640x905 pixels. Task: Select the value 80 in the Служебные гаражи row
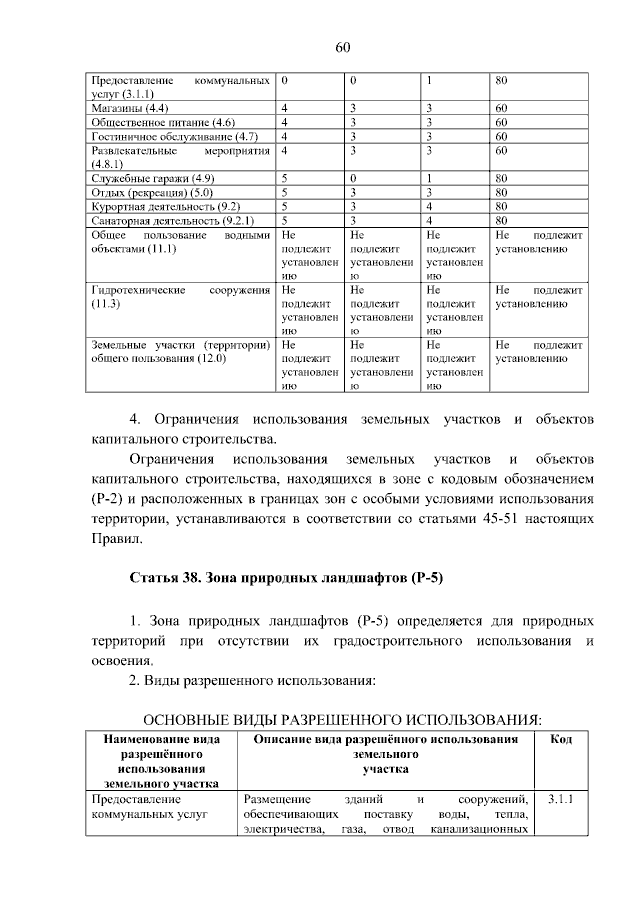click(502, 178)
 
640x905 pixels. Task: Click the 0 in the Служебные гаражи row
click(354, 178)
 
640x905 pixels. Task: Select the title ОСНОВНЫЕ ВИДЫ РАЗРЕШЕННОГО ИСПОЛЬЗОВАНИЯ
click(343, 718)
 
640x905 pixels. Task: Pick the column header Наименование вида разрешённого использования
click(155, 761)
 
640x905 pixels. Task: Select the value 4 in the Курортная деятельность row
click(429, 206)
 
